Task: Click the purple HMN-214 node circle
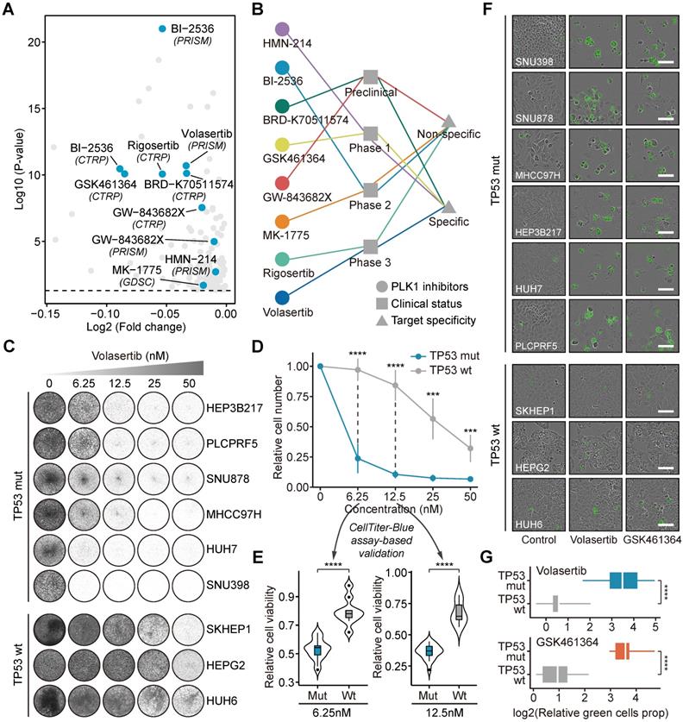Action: [281, 29]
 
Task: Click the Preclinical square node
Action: [371, 78]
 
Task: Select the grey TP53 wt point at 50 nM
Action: [468, 449]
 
